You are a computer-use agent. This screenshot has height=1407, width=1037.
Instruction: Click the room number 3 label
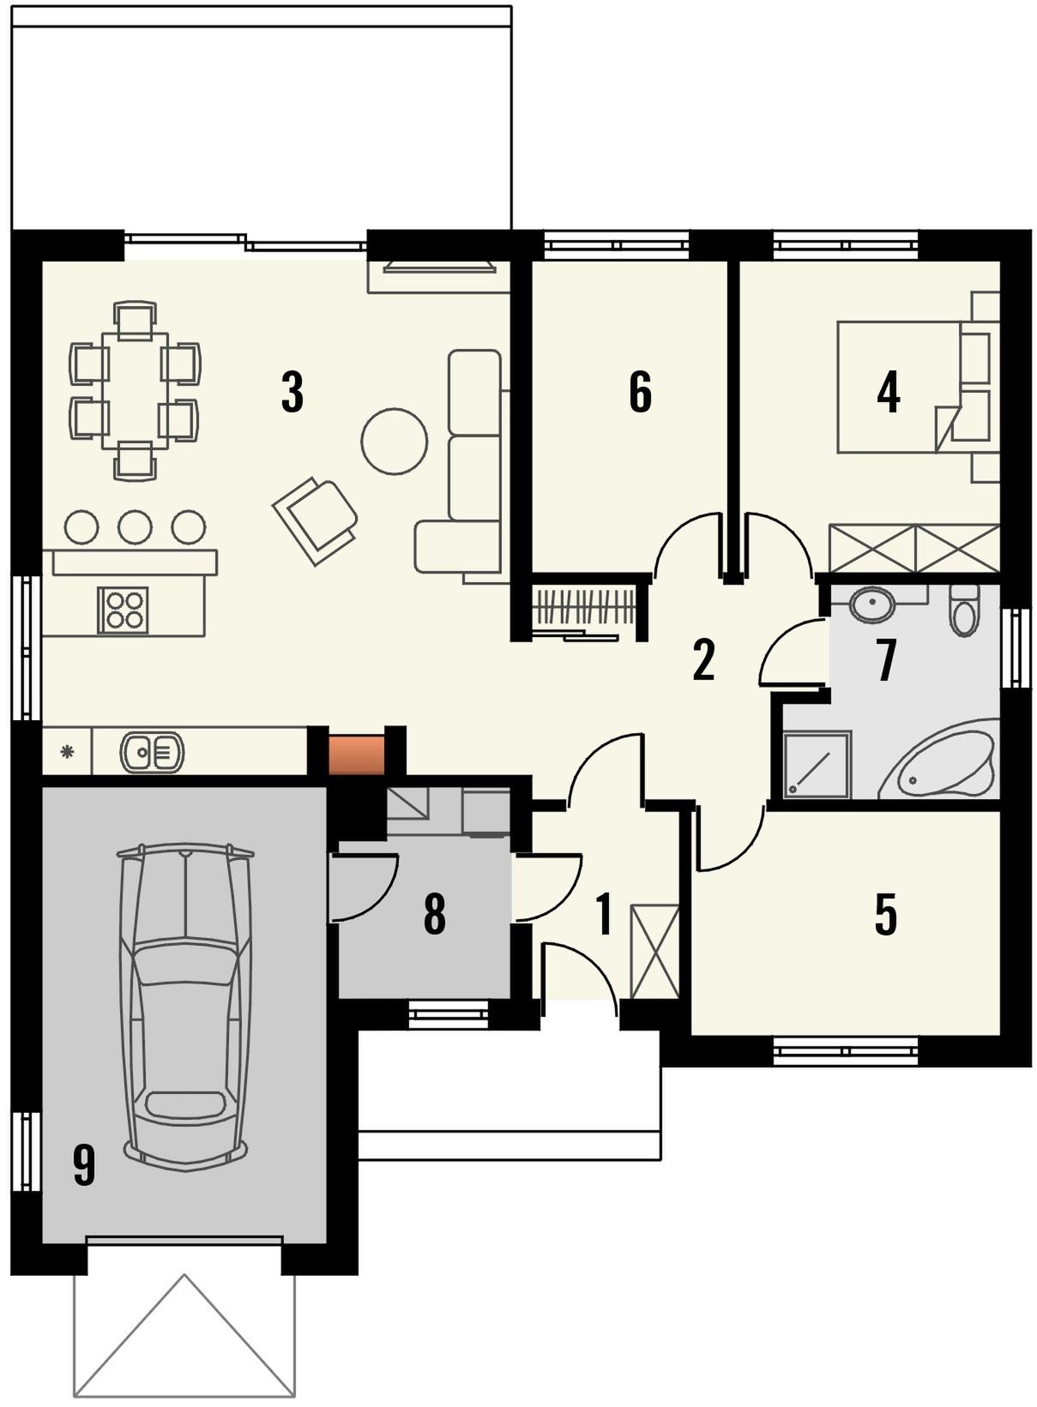292,392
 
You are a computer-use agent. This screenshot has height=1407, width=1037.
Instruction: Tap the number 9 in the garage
84,1164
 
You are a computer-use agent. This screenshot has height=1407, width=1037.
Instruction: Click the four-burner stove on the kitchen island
124,610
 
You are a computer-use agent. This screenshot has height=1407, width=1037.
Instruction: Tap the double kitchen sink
152,751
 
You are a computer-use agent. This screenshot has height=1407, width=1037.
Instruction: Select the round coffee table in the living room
394,441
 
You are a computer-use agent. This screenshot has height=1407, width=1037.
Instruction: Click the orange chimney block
356,754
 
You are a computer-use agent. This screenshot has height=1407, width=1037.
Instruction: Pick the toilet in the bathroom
965,609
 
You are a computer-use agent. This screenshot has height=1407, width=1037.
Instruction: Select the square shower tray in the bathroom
817,764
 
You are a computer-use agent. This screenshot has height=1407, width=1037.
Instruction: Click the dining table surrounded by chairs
136,391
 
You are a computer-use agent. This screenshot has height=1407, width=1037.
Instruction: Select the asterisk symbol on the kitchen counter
67,750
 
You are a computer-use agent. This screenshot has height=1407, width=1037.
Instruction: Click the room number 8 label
435,914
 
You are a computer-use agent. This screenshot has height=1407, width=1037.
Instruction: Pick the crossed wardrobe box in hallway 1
654,951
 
